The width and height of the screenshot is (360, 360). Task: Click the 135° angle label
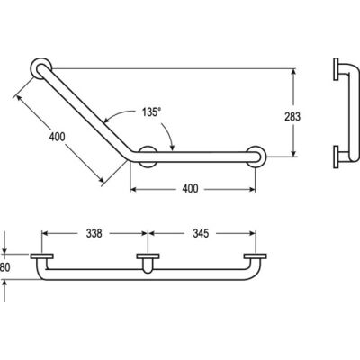(152, 112)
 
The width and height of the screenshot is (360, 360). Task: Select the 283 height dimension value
(292, 116)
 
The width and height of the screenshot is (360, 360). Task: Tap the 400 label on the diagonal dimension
(57, 137)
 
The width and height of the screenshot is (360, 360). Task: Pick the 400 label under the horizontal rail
(190, 189)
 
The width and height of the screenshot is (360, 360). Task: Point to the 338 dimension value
(94, 233)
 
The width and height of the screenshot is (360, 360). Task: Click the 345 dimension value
(201, 233)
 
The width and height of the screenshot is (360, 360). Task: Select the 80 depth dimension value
(5, 267)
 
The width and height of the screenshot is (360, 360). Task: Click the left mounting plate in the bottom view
(42, 256)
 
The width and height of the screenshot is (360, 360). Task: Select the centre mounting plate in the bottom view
(148, 256)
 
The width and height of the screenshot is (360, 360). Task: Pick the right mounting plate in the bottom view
(256, 256)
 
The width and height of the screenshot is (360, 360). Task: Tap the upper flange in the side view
(336, 69)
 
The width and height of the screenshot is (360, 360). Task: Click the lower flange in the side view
(336, 157)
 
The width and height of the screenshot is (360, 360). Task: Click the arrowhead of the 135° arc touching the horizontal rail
(172, 147)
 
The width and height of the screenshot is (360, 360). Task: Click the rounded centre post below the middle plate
(148, 266)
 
